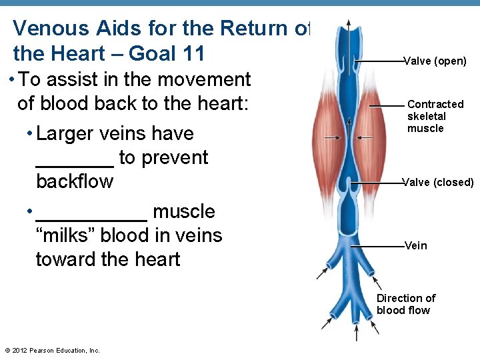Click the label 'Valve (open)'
(435, 61)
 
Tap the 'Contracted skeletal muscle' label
(435, 116)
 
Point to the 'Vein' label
(416, 246)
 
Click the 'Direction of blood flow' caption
(405, 304)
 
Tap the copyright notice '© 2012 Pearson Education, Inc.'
(52, 351)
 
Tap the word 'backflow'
(75, 181)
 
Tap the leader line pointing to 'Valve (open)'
(379, 61)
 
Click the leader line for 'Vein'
(377, 246)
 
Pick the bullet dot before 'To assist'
(13, 80)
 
